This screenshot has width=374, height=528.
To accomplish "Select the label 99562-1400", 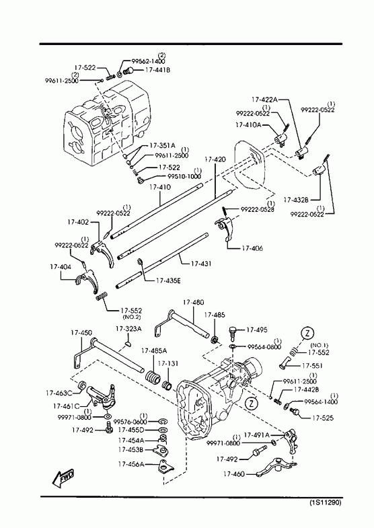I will pyautogui.click(x=148, y=61).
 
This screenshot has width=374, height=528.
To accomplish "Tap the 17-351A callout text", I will pyautogui.click(x=162, y=145).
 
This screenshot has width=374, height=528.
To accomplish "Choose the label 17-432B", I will pyautogui.click(x=297, y=200).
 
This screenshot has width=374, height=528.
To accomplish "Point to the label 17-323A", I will pyautogui.click(x=128, y=329).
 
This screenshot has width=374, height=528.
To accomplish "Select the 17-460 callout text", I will pyautogui.click(x=235, y=474).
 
